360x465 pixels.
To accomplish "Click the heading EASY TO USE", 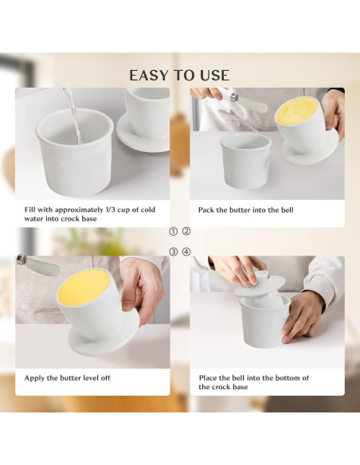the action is coord(179,76).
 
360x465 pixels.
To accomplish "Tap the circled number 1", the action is coord(173,232).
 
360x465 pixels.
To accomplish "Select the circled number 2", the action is coord(186,232).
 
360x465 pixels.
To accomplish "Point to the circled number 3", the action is coord(173,252).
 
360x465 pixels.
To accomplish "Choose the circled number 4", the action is coord(186,252).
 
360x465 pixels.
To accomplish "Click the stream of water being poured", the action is coord(73,115).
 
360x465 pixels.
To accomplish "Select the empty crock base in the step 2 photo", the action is coord(245,161).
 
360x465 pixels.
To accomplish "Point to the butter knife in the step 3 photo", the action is coord(37,265).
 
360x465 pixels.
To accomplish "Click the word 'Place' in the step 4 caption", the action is coord(207,377).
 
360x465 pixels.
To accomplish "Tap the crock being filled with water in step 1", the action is coord(75,152).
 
